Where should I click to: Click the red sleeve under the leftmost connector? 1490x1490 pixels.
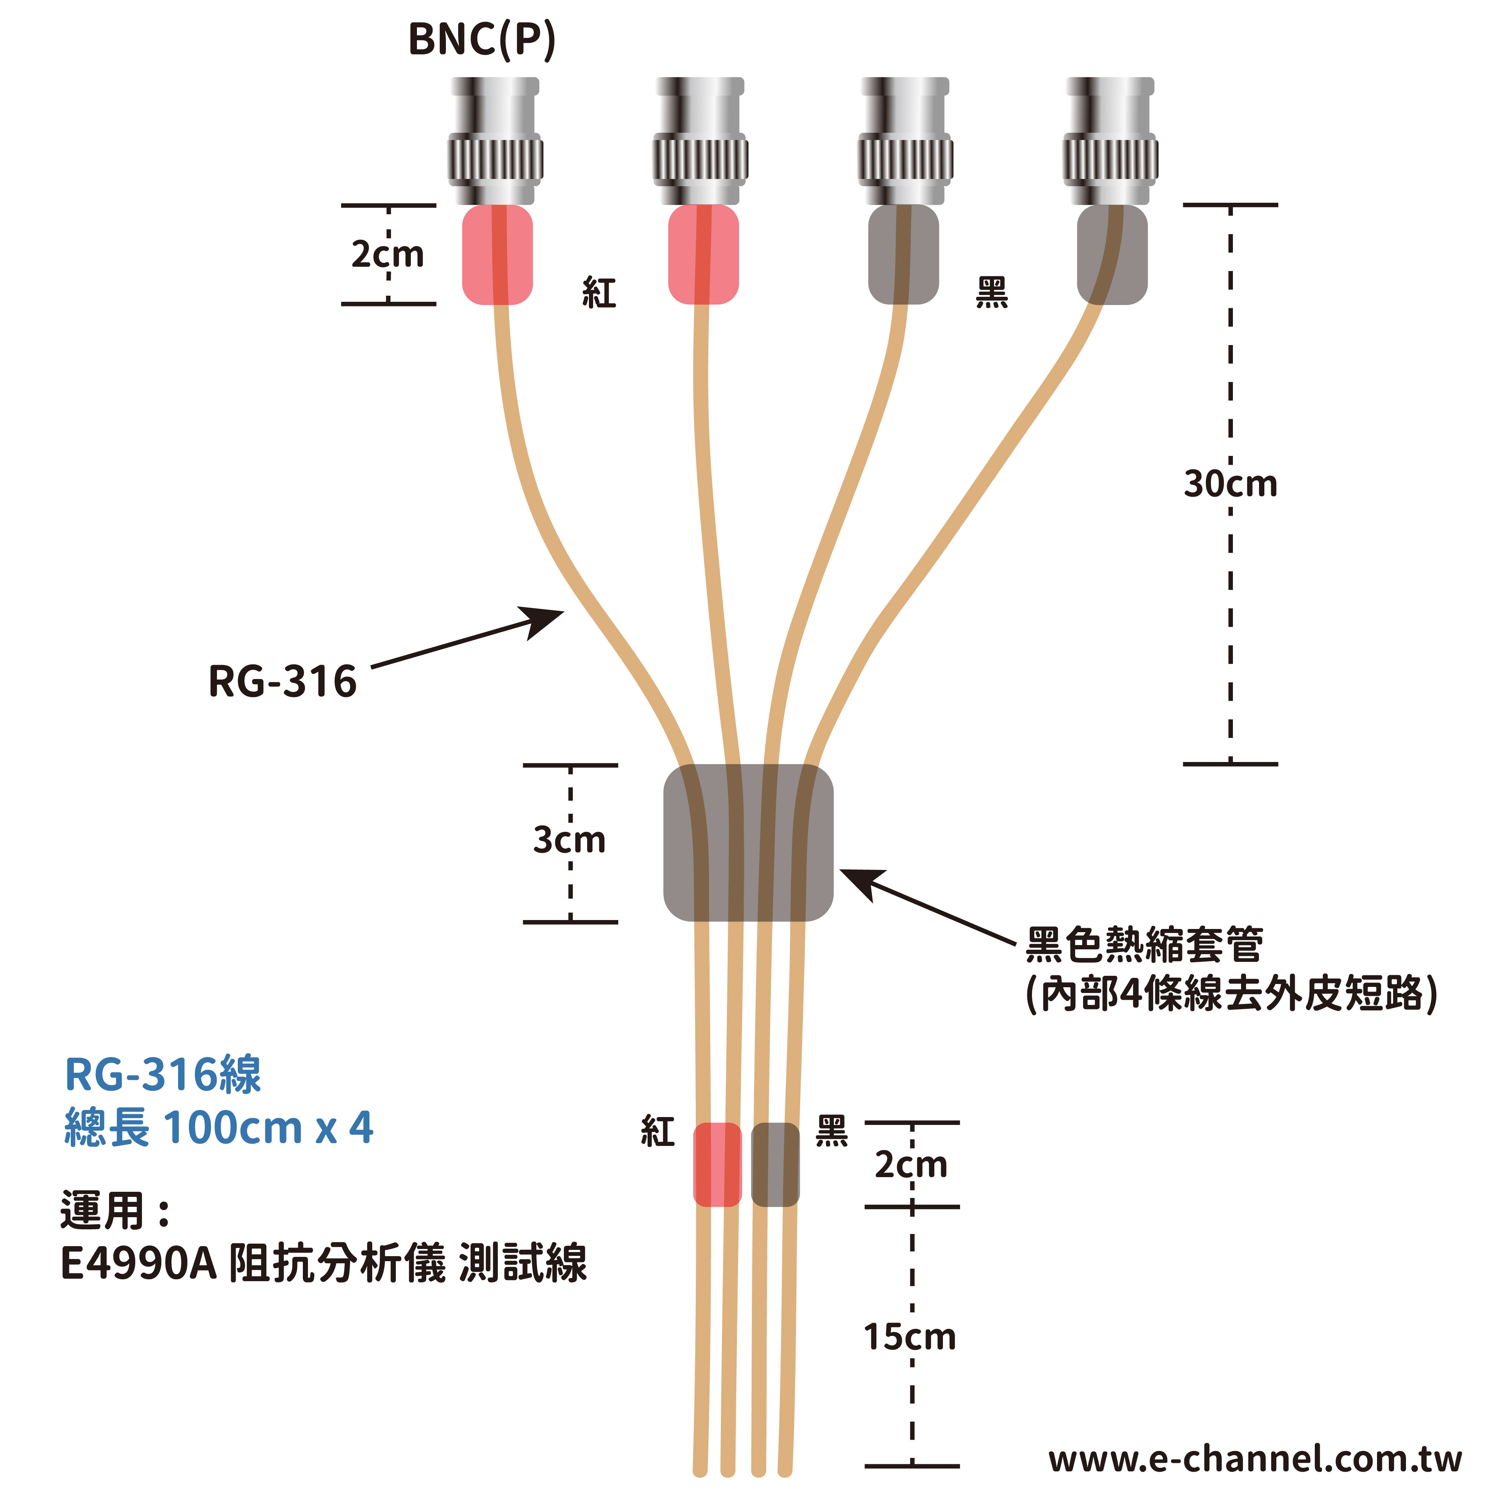coord(497,255)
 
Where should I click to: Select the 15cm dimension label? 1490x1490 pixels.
coord(910,1337)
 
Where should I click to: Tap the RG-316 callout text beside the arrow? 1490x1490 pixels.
coord(282,682)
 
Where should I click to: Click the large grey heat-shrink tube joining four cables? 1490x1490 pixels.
coord(748,843)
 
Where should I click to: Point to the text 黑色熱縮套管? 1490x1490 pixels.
coord(1144,945)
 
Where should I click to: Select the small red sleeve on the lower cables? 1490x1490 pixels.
coord(717,1165)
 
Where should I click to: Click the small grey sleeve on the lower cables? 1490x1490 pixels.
coord(775,1165)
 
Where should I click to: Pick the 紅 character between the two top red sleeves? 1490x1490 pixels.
coord(599,293)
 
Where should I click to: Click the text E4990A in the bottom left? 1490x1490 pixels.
coord(139,1264)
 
